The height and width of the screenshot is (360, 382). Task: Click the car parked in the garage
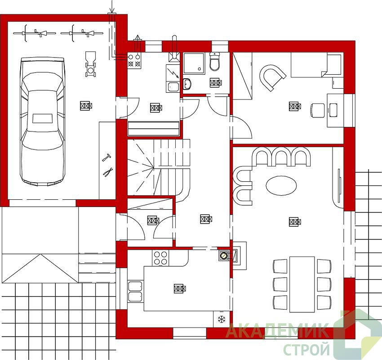pos(43,121)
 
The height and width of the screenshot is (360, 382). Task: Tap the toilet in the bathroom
pos(215,61)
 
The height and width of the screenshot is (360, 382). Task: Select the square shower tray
pos(194,63)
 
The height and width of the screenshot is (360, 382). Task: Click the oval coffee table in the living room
pos(281,185)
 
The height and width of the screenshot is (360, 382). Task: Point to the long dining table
pos(302,284)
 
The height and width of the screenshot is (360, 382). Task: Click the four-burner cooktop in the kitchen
pos(160,258)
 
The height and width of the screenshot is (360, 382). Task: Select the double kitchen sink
pos(135,292)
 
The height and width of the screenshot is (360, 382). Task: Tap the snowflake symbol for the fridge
pos(222,319)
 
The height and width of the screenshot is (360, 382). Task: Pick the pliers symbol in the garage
pos(108,171)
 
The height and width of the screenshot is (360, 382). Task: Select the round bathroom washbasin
pos(187,84)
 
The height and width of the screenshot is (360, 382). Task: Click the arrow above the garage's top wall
pos(112,6)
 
